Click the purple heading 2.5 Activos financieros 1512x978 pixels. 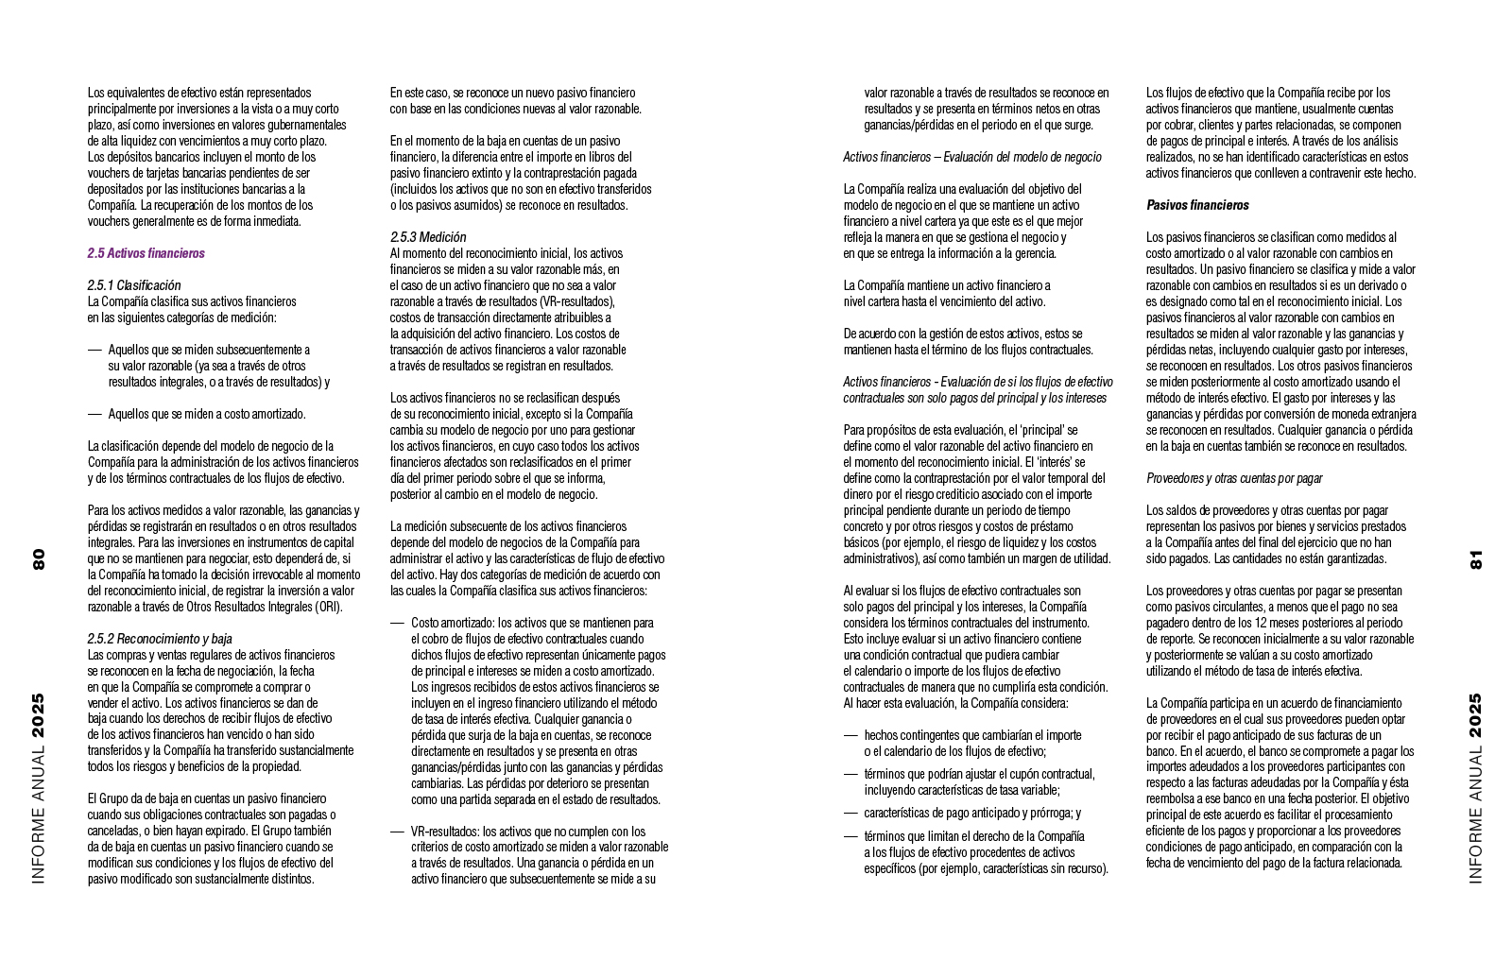(x=146, y=253)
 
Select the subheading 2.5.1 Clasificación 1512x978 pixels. (x=133, y=285)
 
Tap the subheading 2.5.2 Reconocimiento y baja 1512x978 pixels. (x=160, y=639)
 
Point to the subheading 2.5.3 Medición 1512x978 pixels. (x=428, y=237)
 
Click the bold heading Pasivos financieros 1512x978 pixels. (x=1197, y=205)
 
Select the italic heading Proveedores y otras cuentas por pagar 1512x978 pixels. (x=1234, y=478)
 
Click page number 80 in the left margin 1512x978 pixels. (x=39, y=558)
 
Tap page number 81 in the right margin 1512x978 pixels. (x=1476, y=558)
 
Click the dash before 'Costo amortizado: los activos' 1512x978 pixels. (x=397, y=624)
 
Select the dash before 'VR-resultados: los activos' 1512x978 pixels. (x=397, y=832)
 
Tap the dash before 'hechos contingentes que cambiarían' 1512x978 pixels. (x=850, y=735)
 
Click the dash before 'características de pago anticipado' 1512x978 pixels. (x=850, y=813)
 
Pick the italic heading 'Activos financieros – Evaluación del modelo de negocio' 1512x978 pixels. (x=971, y=157)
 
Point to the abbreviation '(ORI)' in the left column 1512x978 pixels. (x=330, y=607)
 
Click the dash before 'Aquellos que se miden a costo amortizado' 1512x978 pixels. (x=94, y=414)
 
